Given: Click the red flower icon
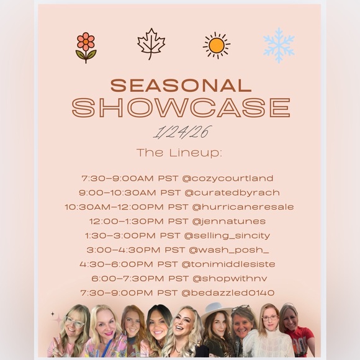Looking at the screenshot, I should coord(86,47).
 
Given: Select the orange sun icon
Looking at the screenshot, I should coord(216,45).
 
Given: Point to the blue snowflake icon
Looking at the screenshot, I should coord(279,45).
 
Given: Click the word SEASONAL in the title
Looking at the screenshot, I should coord(179,86).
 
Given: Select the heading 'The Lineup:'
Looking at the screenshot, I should coord(180,152).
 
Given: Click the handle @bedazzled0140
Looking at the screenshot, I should coord(230,293).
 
